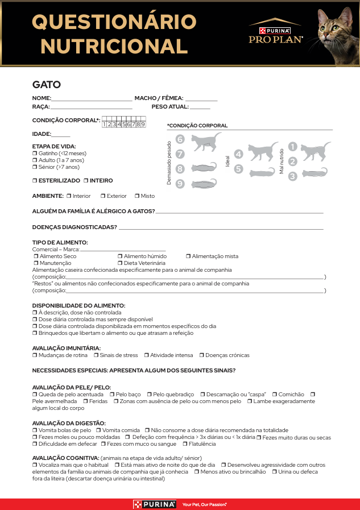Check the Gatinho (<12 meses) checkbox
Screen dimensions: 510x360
(x=35, y=154)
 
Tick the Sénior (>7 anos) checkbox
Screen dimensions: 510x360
(x=35, y=167)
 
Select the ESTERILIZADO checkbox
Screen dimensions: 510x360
(x=35, y=181)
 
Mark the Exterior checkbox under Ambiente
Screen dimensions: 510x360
(x=103, y=196)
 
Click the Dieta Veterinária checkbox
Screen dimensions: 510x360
(x=120, y=263)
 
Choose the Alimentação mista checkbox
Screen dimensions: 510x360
(x=188, y=256)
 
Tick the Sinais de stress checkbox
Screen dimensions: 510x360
(x=96, y=355)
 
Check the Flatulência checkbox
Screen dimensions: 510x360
(x=185, y=444)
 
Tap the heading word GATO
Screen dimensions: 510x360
(x=47, y=85)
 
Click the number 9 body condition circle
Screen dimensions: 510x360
(x=180, y=184)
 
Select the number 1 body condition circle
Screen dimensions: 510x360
(x=292, y=147)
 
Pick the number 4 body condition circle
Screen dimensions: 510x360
(x=238, y=154)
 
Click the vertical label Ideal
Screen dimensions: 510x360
(x=227, y=161)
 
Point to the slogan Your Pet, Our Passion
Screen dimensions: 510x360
(x=204, y=504)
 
